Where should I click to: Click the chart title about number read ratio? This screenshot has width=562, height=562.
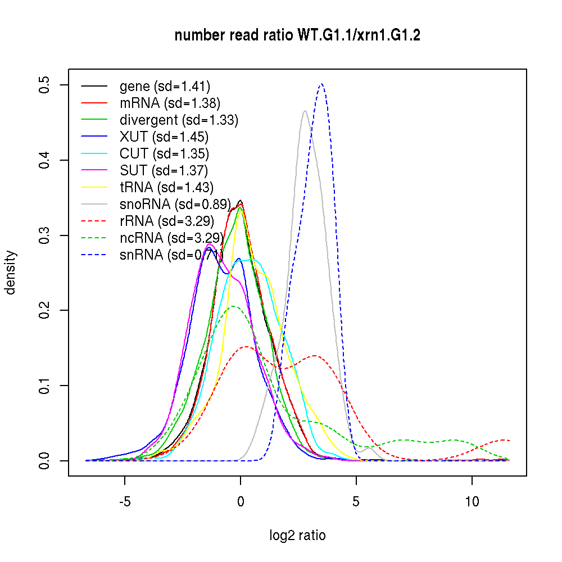(297, 36)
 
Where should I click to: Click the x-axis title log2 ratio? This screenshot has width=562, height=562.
(297, 535)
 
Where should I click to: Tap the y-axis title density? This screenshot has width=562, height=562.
(11, 273)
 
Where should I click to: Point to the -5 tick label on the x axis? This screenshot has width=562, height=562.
(125, 501)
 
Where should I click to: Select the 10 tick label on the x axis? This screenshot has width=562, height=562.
(472, 501)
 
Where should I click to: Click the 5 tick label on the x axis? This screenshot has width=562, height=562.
(356, 501)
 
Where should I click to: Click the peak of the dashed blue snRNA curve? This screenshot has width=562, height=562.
(321, 84)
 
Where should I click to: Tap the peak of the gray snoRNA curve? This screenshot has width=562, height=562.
(305, 111)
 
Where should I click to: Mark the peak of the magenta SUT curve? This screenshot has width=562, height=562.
(209, 244)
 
